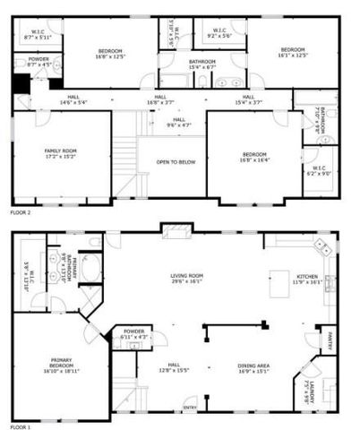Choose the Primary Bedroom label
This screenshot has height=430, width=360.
click(61, 364)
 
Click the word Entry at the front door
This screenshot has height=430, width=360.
click(190, 409)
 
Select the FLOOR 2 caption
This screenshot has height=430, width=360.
click(21, 213)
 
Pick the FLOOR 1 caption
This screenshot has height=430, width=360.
click(21, 426)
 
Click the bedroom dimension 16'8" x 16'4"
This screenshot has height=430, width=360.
click(252, 158)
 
